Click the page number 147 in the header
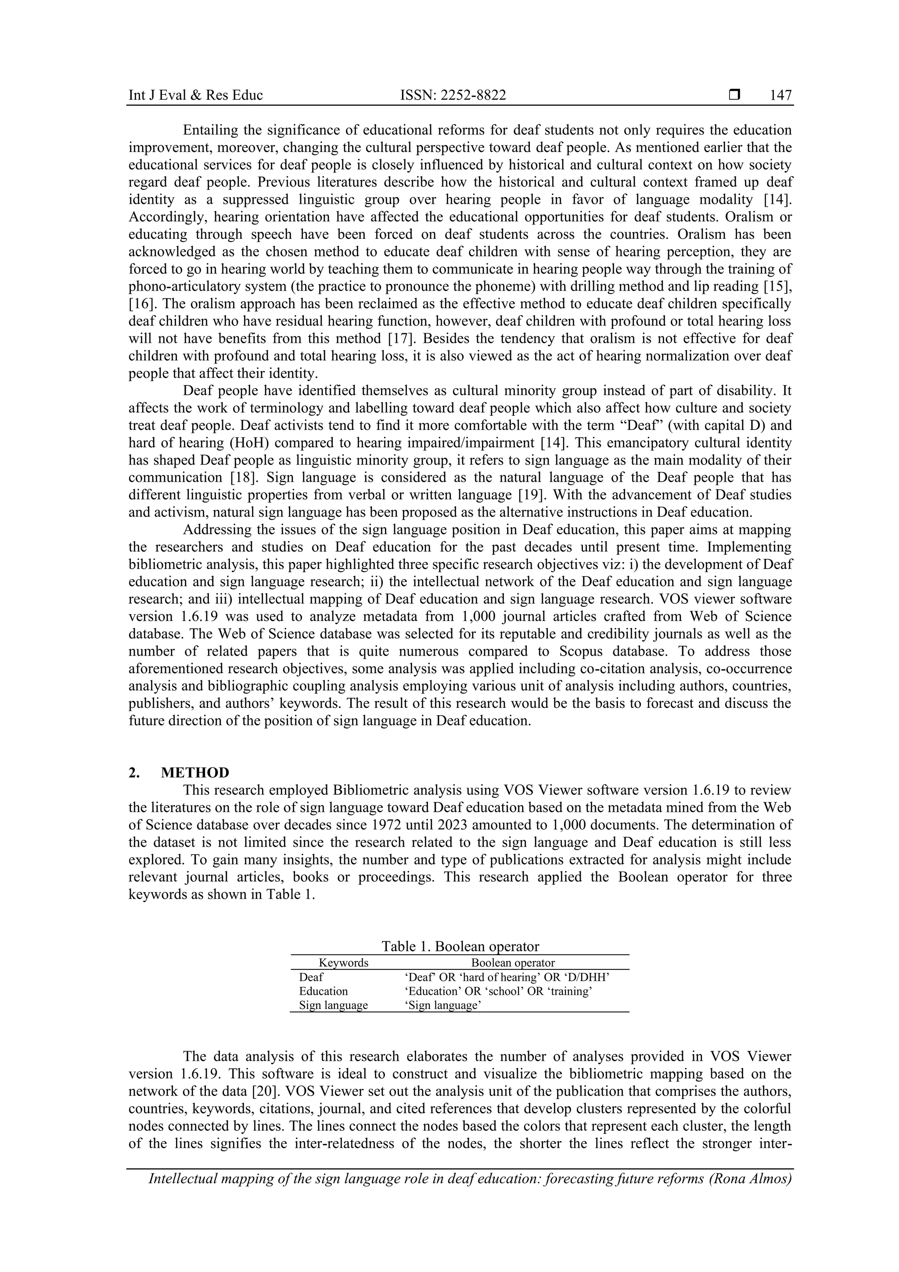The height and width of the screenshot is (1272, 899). tap(780, 96)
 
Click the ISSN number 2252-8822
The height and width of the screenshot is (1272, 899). tap(453, 96)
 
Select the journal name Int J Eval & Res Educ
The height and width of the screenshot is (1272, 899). tap(195, 96)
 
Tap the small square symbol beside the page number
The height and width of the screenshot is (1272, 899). tap(735, 95)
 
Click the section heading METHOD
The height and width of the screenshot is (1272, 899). tap(195, 773)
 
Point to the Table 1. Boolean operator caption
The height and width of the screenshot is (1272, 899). tap(460, 946)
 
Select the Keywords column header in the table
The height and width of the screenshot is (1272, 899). tap(343, 963)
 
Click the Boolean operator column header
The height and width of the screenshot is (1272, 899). tap(512, 963)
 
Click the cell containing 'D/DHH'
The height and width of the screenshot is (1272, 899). tap(507, 977)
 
